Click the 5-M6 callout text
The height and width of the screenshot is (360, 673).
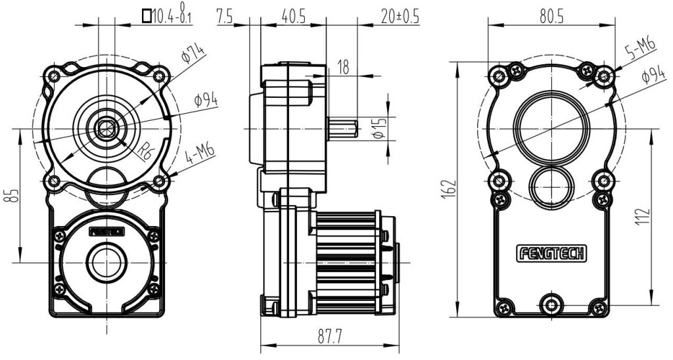(x=640, y=50)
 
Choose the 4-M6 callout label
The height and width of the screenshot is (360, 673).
(x=200, y=154)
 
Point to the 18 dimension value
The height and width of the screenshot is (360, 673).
(x=343, y=66)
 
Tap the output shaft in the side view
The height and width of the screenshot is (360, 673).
(x=342, y=128)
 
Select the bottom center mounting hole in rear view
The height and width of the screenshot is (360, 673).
(x=551, y=304)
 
